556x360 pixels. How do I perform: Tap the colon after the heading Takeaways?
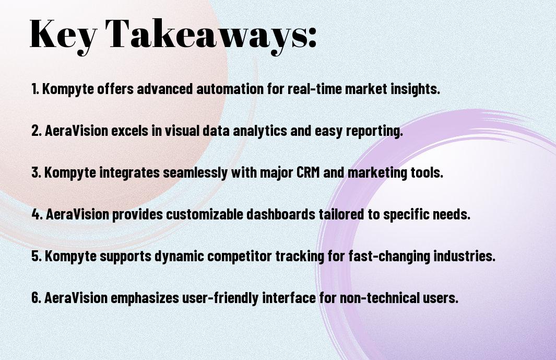point(312,38)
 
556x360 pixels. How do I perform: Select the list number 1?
point(35,89)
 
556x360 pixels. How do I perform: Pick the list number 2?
point(37,131)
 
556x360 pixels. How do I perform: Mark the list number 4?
point(37,214)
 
